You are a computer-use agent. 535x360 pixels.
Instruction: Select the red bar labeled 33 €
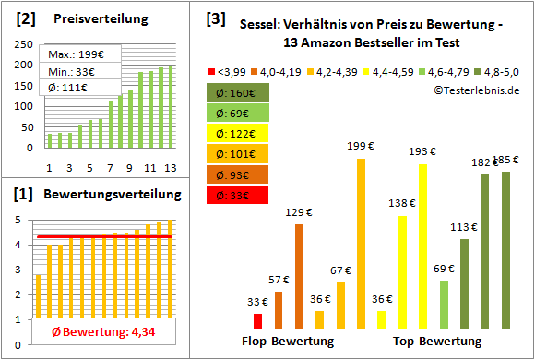tap(257, 320)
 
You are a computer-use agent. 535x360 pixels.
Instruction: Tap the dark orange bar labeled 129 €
tap(299, 275)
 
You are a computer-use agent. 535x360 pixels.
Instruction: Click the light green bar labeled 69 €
tap(444, 304)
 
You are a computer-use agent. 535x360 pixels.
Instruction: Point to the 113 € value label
tap(463, 227)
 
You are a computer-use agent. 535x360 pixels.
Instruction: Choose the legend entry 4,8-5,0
tap(505, 71)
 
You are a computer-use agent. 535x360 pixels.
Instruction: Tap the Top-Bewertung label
tap(437, 341)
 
